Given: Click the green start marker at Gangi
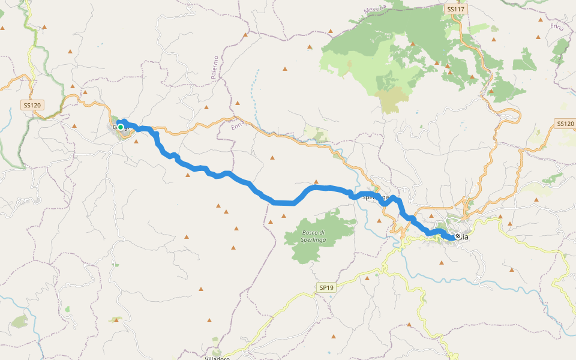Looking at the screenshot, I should point(121,127).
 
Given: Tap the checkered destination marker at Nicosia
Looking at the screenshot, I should point(458,236).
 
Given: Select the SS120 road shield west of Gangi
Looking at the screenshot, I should point(32,106).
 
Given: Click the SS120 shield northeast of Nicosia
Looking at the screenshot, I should point(565,124).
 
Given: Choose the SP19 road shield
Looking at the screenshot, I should point(326,288).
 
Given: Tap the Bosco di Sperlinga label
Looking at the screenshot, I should point(313,236).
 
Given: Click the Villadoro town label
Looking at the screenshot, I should point(218,358).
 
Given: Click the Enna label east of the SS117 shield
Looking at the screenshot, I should point(557,25).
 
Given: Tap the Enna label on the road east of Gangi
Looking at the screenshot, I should point(237,125).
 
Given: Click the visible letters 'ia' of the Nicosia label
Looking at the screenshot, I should point(464,237).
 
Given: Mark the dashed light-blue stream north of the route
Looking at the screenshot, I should point(255,90).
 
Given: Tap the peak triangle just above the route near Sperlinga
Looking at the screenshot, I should point(316,182).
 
